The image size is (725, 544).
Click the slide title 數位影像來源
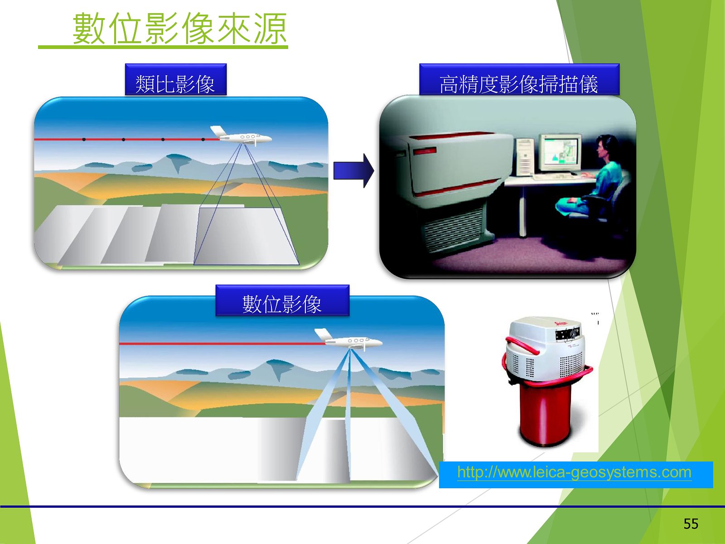click(179, 29)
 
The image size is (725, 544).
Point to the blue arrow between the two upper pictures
click(354, 171)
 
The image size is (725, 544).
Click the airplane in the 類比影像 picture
click(241, 136)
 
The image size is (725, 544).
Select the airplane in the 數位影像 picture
click(348, 340)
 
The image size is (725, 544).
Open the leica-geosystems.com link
click(574, 472)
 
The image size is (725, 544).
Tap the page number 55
click(691, 524)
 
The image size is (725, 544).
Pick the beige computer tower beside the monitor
click(525, 157)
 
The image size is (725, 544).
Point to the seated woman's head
click(606, 148)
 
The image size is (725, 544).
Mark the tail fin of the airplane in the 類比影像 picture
click(218, 131)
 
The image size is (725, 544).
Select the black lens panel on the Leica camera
click(567, 334)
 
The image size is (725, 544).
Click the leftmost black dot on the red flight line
click(84, 139)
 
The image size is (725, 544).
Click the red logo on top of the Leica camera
click(561, 324)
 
